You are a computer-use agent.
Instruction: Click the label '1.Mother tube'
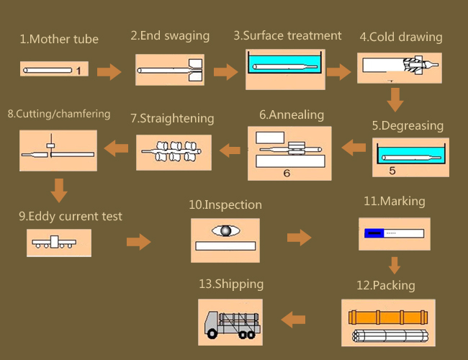click(x=59, y=39)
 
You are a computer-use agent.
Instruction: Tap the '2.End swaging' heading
click(x=170, y=36)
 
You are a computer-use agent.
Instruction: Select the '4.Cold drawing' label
click(x=401, y=37)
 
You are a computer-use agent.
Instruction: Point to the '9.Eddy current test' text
click(x=71, y=217)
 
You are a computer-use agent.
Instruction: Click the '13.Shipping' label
click(x=231, y=284)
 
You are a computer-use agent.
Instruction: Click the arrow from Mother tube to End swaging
click(x=109, y=72)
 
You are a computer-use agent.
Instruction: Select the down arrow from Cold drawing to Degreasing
click(x=395, y=99)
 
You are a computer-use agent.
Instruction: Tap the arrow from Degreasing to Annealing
click(x=354, y=147)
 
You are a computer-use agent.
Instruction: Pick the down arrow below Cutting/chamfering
click(x=59, y=191)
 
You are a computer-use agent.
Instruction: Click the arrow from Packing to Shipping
click(x=293, y=320)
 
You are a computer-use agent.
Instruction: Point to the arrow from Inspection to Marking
click(x=299, y=238)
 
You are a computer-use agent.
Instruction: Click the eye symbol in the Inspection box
click(x=225, y=230)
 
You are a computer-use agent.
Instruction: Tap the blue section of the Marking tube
click(x=374, y=233)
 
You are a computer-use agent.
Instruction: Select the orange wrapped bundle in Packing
click(x=388, y=318)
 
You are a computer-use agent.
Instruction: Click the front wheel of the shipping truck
click(x=212, y=334)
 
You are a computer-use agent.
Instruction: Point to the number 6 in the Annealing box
click(x=287, y=173)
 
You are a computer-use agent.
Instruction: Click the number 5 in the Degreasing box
click(x=392, y=171)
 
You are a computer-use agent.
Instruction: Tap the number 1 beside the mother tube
click(x=78, y=71)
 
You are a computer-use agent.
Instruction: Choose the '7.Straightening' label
click(x=172, y=119)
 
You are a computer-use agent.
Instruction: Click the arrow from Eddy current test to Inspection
click(x=139, y=242)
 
